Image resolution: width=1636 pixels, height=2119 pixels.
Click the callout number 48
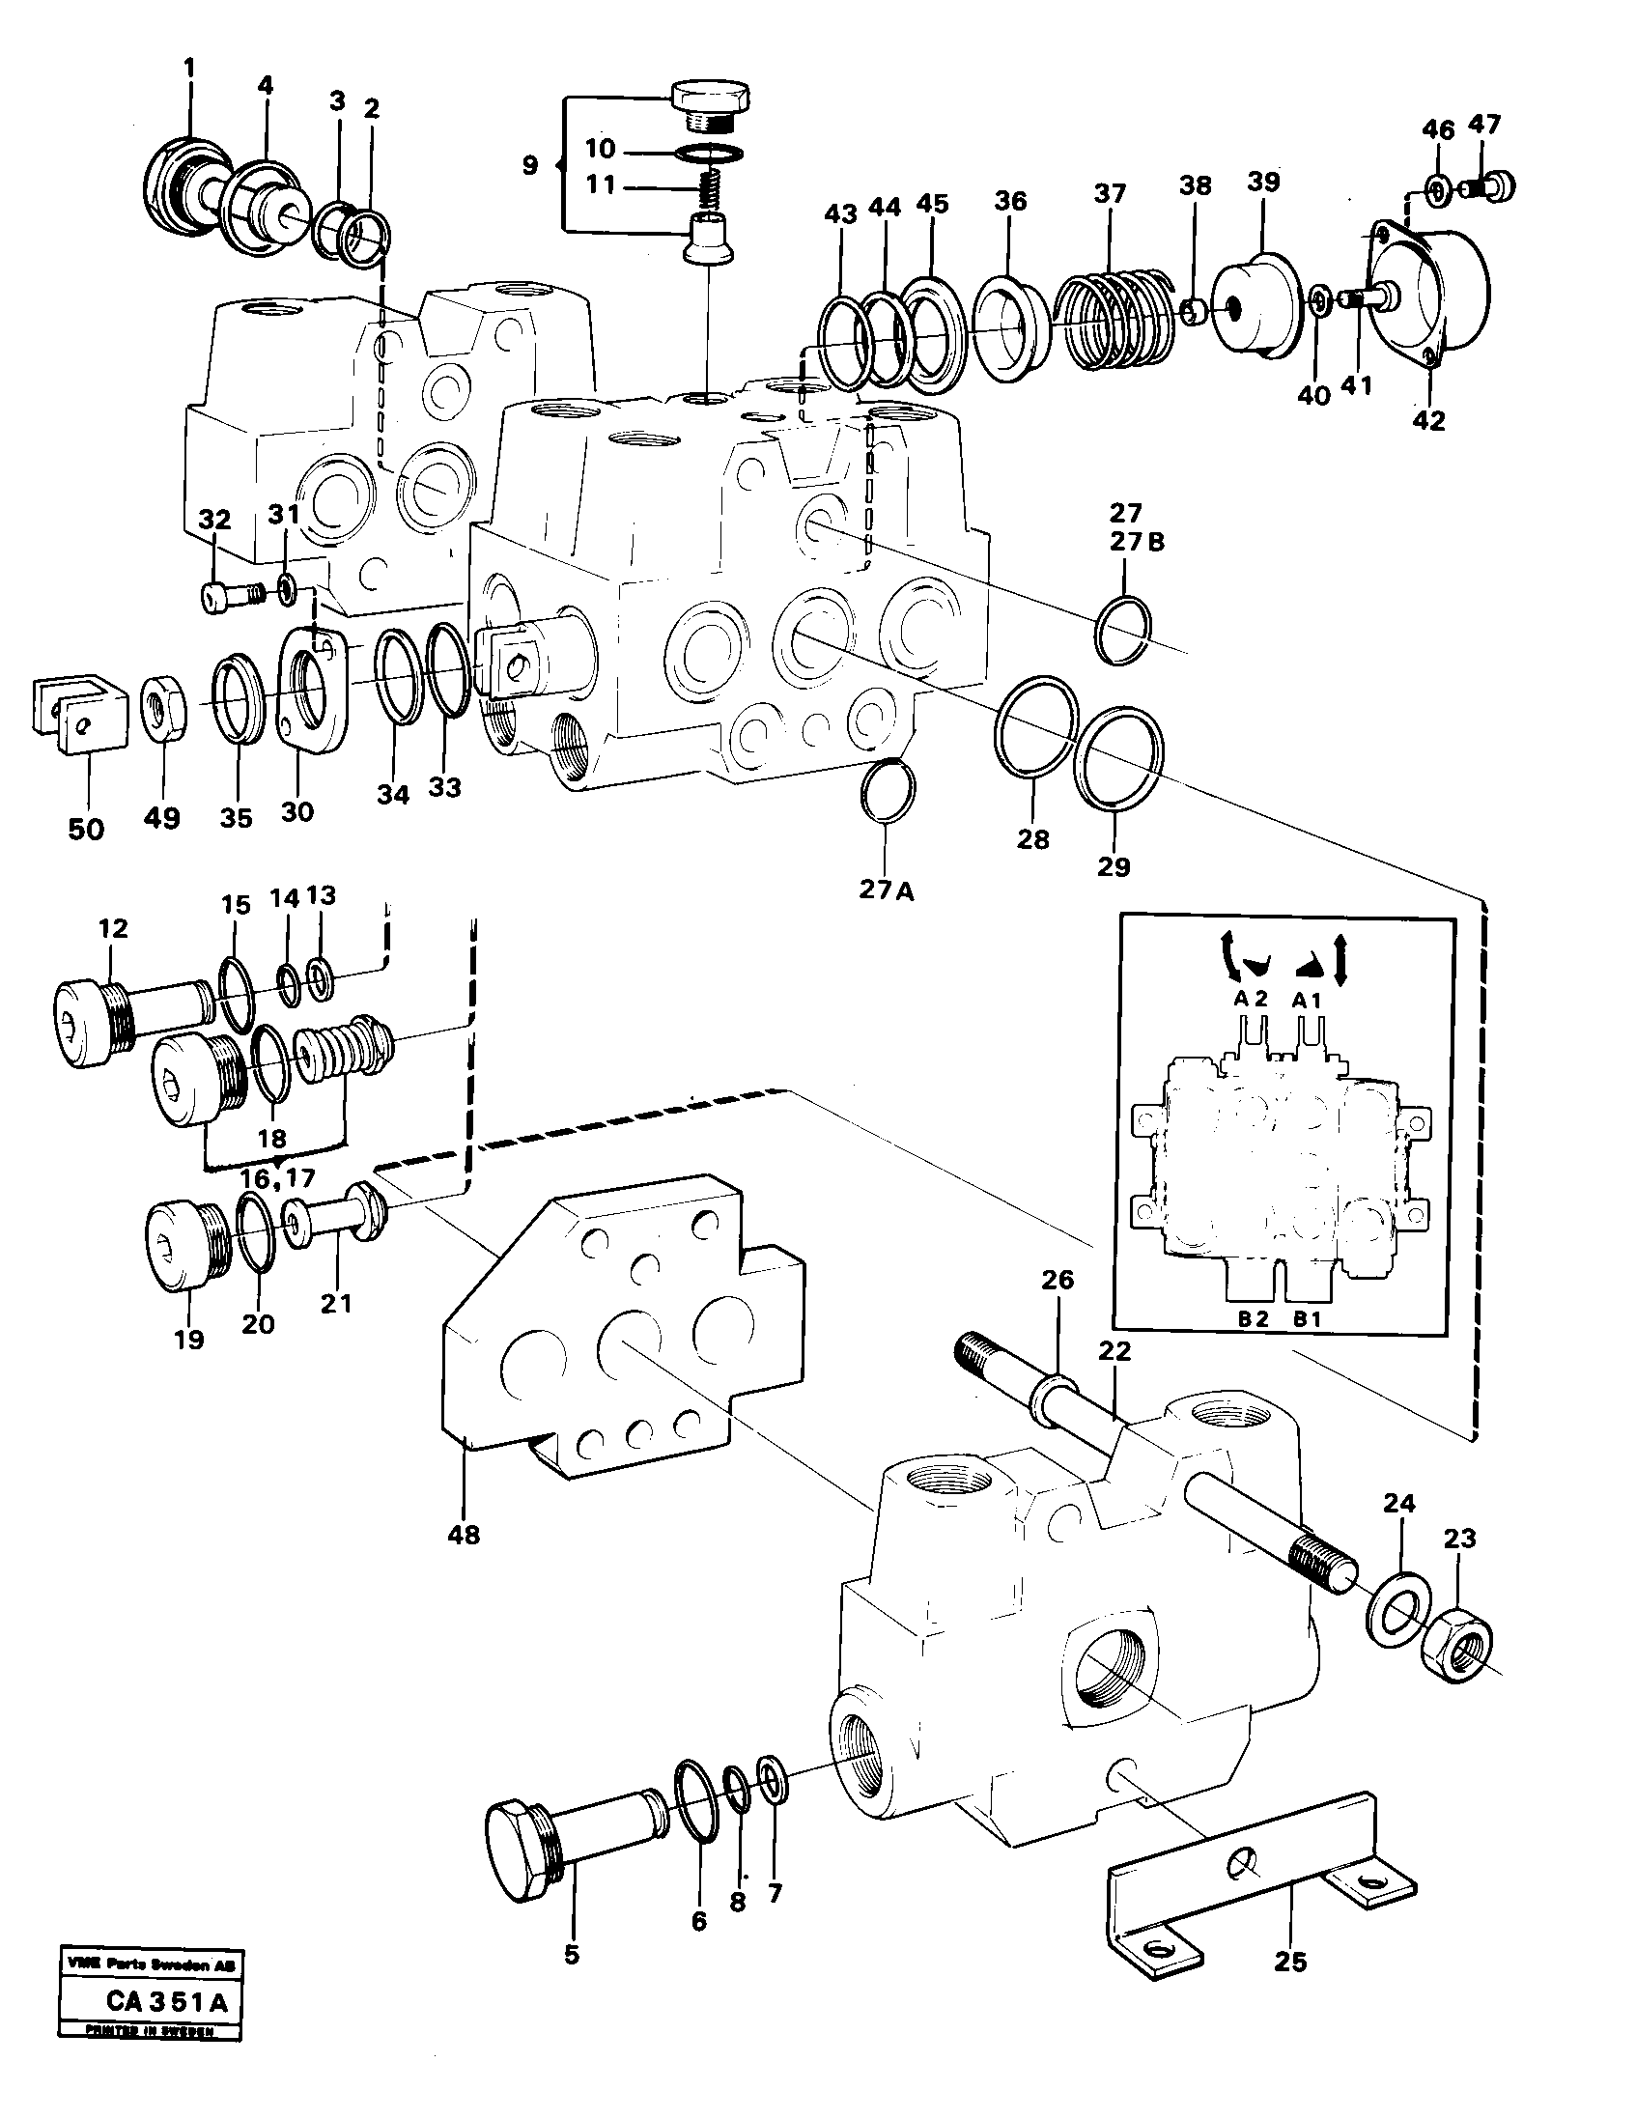coord(465,1535)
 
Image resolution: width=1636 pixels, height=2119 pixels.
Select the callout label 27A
coord(887,890)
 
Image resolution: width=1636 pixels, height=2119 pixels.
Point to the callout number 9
coord(529,165)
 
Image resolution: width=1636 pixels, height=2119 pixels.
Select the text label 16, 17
coord(278,1178)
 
